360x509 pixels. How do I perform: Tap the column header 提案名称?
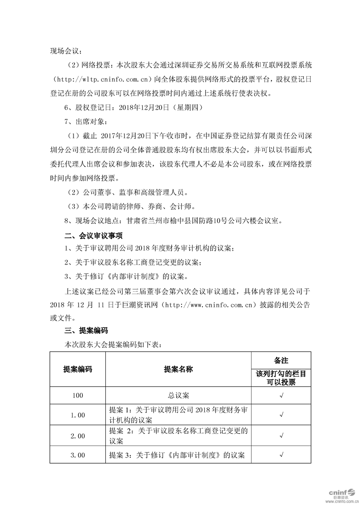[x=178, y=369]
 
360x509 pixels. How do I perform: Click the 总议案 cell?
[x=178, y=396]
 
